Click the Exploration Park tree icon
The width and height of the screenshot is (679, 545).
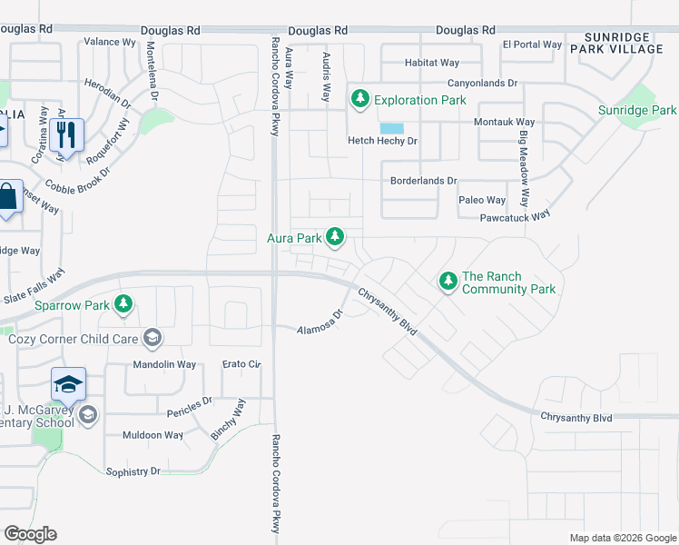pos(360,98)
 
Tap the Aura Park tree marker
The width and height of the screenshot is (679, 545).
pos(336,237)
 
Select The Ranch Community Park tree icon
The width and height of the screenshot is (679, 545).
pos(448,282)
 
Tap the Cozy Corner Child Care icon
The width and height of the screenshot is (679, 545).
pos(153,339)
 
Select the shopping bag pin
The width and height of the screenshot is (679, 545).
pos(7,197)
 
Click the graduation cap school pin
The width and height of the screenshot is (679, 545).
pos(68,384)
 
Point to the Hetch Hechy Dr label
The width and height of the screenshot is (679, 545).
pos(382,141)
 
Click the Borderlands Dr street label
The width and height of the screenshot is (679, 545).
pos(423,181)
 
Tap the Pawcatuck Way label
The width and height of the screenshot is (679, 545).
pos(516,216)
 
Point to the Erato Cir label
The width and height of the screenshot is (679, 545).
pos(241,364)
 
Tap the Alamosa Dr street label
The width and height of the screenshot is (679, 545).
pos(320,322)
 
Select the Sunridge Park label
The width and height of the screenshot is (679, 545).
pos(636,111)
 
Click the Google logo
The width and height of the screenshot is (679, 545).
pos(30,534)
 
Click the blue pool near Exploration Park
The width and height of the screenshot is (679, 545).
pos(392,128)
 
